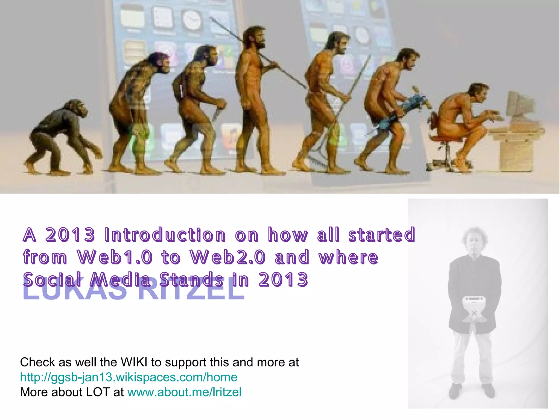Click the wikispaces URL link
pos(129,377)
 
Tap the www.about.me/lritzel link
pos(184,392)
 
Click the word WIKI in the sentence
pos(134,362)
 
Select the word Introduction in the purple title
pos(165,235)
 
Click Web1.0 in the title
pos(115,257)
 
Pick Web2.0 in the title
pos(228,257)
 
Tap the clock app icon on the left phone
pos(192,21)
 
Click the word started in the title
pos(381,235)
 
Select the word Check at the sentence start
pos(37,362)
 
